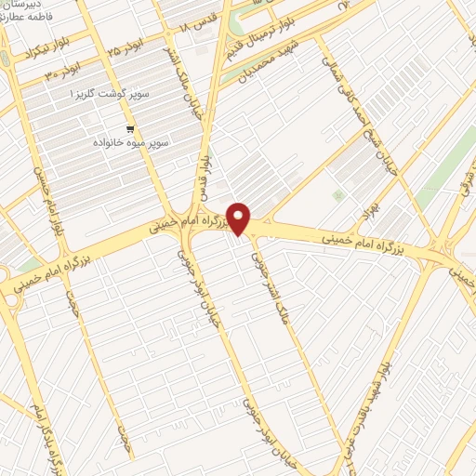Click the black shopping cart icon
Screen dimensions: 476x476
pyautogui.click(x=129, y=129)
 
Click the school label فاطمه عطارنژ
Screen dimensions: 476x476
pyautogui.click(x=28, y=18)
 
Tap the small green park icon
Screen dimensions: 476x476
pyautogui.click(x=337, y=195)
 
